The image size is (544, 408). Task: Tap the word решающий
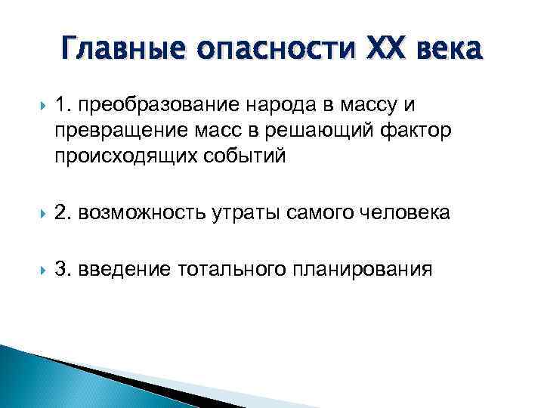tap(321, 132)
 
